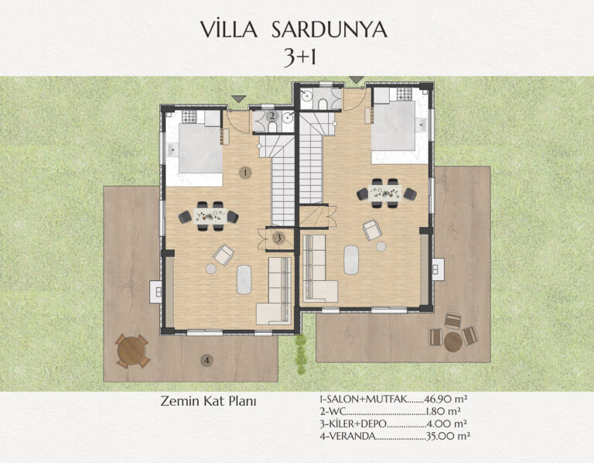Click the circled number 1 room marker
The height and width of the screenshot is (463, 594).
tap(245, 173)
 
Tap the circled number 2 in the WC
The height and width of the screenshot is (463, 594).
tap(271, 115)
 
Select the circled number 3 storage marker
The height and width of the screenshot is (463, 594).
tap(278, 238)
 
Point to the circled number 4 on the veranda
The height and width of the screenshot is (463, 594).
tap(207, 360)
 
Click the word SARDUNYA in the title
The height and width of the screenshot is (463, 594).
tap(329, 29)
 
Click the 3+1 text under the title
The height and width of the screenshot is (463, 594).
tap(300, 58)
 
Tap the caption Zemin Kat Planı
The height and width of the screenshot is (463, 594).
tap(208, 401)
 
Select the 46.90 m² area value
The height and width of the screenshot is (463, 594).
tap(445, 399)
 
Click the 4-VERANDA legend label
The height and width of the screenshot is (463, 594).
tap(347, 436)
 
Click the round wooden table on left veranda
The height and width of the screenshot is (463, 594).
tap(131, 351)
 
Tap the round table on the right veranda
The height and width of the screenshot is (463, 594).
tap(452, 341)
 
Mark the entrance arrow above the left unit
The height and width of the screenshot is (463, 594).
tap(238, 98)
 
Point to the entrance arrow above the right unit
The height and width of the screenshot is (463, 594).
tap(356, 80)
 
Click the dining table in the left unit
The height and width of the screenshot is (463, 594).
tap(210, 216)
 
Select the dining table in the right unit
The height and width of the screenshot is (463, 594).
tap(385, 193)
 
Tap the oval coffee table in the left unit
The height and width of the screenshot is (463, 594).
tap(244, 280)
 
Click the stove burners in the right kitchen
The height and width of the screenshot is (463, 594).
tap(405, 94)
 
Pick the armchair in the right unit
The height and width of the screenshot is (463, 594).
tap(371, 230)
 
